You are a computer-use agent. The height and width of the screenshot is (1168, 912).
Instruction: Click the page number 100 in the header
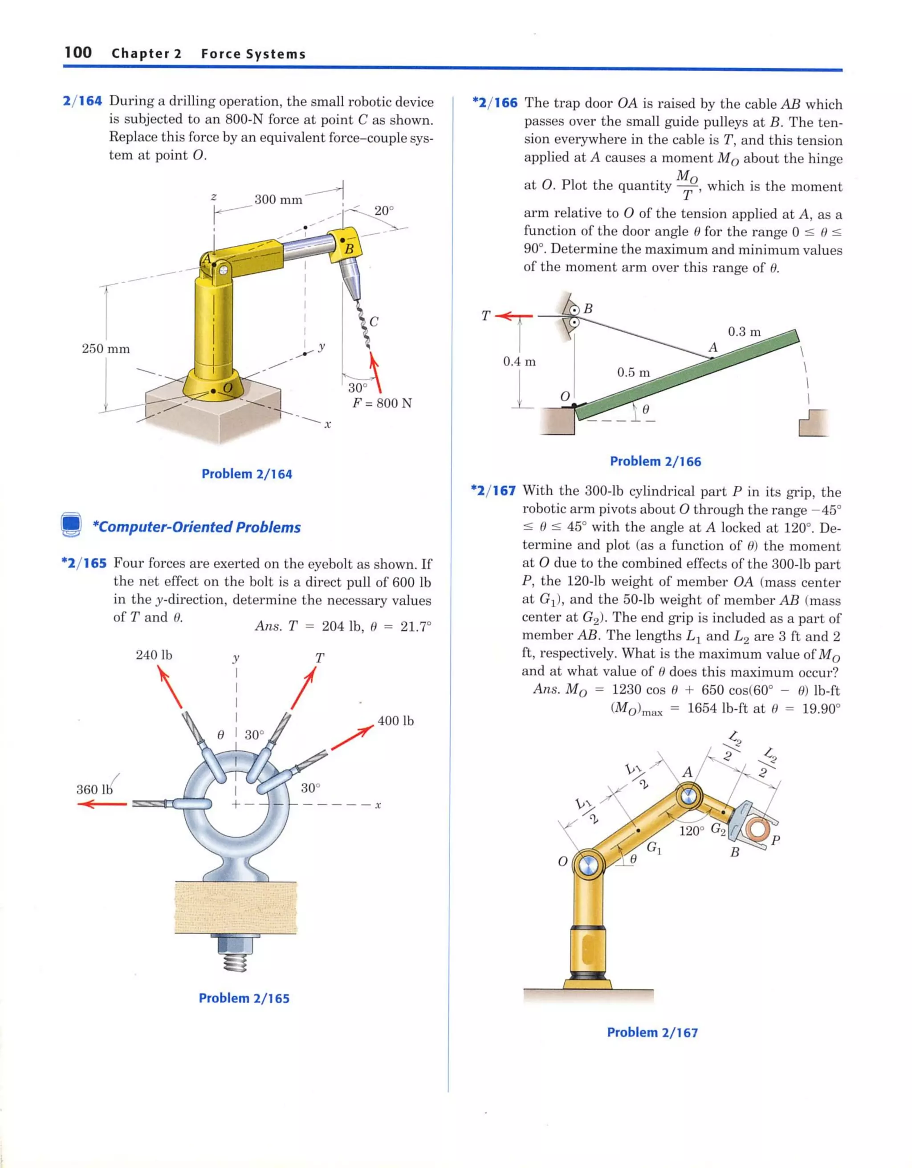[x=78, y=53]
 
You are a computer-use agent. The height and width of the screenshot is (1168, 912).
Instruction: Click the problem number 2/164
[x=82, y=101]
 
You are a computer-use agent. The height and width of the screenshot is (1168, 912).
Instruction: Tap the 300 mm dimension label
[x=278, y=199]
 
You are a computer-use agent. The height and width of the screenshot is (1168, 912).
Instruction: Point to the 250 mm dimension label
[x=106, y=349]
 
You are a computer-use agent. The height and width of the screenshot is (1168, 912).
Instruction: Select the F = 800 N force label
[x=382, y=403]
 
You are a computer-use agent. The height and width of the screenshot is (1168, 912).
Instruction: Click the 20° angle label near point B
[x=383, y=211]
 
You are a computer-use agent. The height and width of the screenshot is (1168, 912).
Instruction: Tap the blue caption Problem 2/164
[x=247, y=474]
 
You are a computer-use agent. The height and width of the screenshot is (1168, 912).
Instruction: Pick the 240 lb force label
[x=154, y=655]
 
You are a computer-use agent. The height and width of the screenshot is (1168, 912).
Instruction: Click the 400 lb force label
[x=395, y=721]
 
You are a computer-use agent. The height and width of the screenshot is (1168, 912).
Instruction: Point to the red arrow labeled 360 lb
[x=102, y=804]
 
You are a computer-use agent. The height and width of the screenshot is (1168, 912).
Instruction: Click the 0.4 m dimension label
[x=519, y=362]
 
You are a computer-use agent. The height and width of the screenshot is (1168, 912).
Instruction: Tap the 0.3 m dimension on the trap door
[x=744, y=332]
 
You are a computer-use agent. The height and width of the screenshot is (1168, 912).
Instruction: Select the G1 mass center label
[x=654, y=848]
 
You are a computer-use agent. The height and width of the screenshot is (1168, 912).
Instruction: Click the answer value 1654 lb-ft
[x=717, y=709]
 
